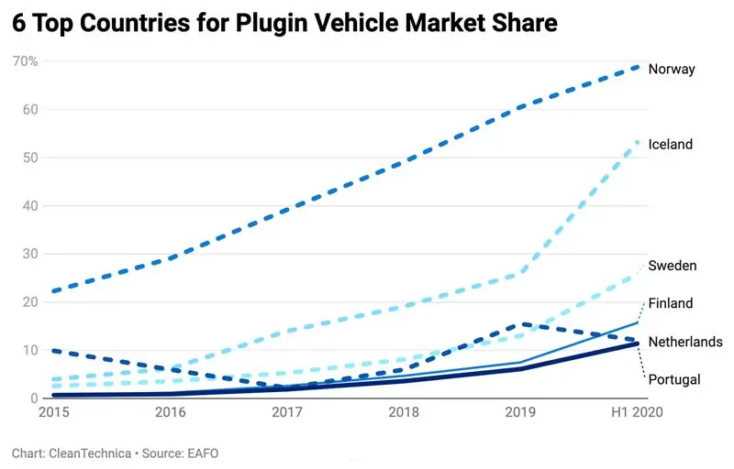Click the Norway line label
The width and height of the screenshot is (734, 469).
pyautogui.click(x=672, y=69)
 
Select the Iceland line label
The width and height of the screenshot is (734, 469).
pyautogui.click(x=671, y=145)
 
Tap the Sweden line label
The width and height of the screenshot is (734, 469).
pyautogui.click(x=673, y=266)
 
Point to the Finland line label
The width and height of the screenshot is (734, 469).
pyautogui.click(x=671, y=303)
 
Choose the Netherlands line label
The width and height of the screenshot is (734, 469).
pyautogui.click(x=685, y=342)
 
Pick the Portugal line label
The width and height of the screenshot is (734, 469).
pyautogui.click(x=674, y=379)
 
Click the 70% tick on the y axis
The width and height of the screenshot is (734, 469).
pyautogui.click(x=25, y=61)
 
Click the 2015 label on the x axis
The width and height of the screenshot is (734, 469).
pyautogui.click(x=54, y=413)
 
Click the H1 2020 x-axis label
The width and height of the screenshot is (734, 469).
pyautogui.click(x=635, y=413)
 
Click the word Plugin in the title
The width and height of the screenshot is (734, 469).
pyautogui.click(x=269, y=23)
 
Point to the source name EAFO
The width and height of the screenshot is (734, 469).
pyautogui.click(x=202, y=453)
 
